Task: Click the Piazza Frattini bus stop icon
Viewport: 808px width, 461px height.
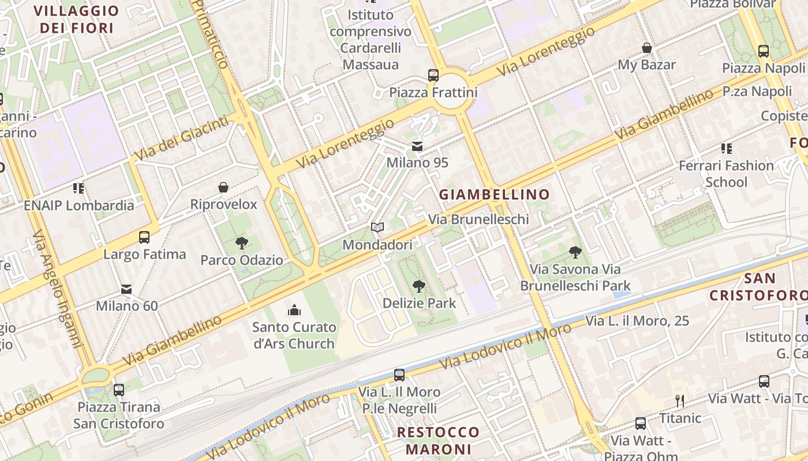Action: [433, 75]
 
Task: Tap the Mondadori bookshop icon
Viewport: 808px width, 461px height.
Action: [377, 228]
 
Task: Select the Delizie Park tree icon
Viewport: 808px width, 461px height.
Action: [419, 286]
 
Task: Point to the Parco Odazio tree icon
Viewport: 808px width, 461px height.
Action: [242, 243]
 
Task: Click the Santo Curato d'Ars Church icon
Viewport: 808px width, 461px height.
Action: [294, 310]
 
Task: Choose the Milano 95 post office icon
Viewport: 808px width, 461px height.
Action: [417, 146]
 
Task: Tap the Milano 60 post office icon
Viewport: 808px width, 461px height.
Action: [126, 289]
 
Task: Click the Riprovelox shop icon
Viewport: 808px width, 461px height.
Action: [223, 187]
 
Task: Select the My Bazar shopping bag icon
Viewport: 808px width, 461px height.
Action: [647, 48]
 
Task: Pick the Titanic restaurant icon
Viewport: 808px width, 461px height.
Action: [680, 400]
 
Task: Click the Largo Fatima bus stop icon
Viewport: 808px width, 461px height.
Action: [144, 237]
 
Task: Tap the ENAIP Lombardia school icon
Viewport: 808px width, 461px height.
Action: [78, 188]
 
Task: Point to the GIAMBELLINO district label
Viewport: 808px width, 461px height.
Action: [495, 195]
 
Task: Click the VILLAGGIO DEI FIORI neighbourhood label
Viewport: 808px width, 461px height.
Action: [76, 19]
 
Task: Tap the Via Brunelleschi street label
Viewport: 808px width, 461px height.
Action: [478, 220]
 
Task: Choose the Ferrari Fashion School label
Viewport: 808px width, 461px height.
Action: [726, 173]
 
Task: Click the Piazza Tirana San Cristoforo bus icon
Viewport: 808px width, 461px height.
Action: [119, 390]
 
